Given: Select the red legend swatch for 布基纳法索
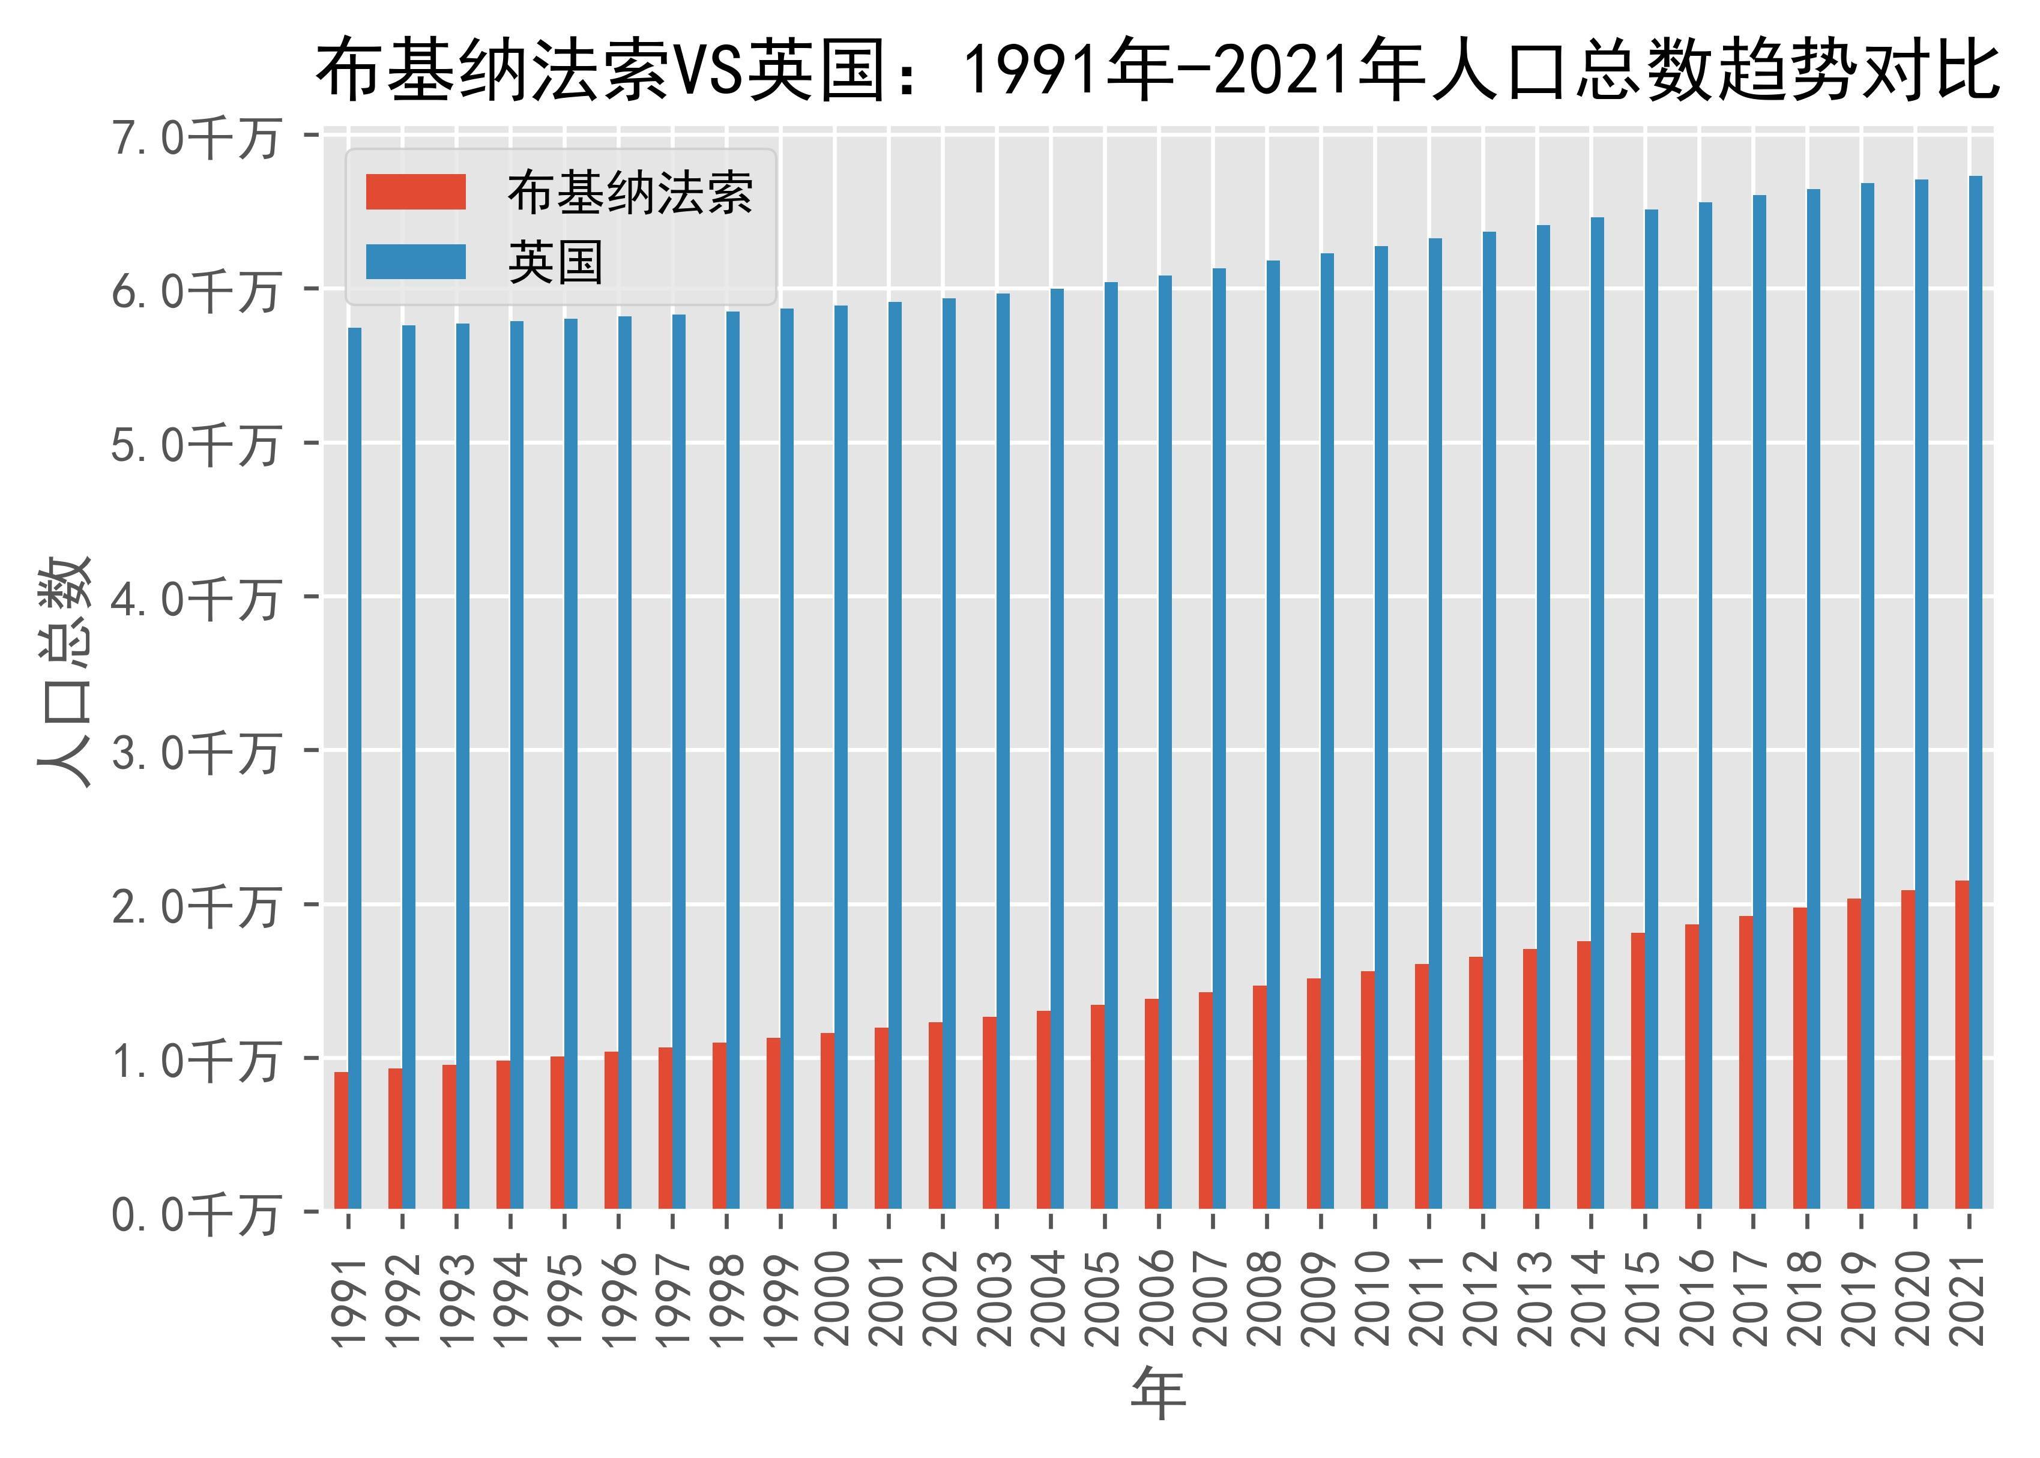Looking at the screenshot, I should [415, 192].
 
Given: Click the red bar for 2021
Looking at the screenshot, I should [1962, 1045].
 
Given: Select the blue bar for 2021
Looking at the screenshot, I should [1975, 691].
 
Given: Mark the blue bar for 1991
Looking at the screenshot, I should [355, 768].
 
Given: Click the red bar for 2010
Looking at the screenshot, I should [1368, 1090].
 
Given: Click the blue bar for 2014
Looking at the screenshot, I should [1598, 713].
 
